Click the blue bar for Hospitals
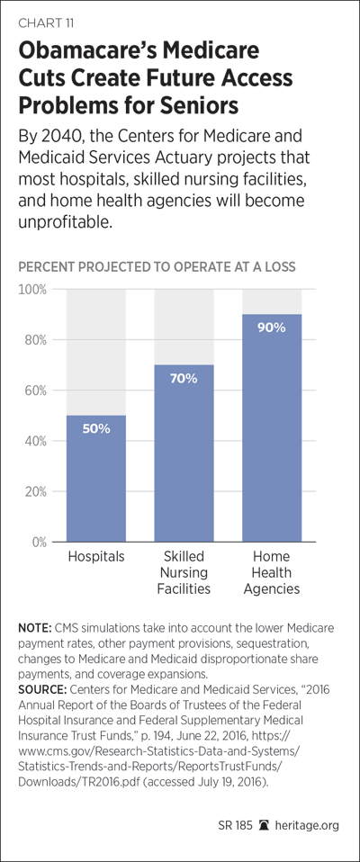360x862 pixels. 96,479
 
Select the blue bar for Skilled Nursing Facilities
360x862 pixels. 184,453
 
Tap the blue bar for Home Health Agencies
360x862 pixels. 272,427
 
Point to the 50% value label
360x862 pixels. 96,429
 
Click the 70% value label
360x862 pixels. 184,379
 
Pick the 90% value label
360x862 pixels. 272,328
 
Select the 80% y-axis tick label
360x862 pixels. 37,340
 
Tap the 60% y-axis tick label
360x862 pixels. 37,391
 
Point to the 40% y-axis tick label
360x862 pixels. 37,441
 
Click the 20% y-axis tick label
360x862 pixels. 37,491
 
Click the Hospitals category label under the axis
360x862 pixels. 96,557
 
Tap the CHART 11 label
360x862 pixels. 47,23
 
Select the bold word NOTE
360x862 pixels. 33,628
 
